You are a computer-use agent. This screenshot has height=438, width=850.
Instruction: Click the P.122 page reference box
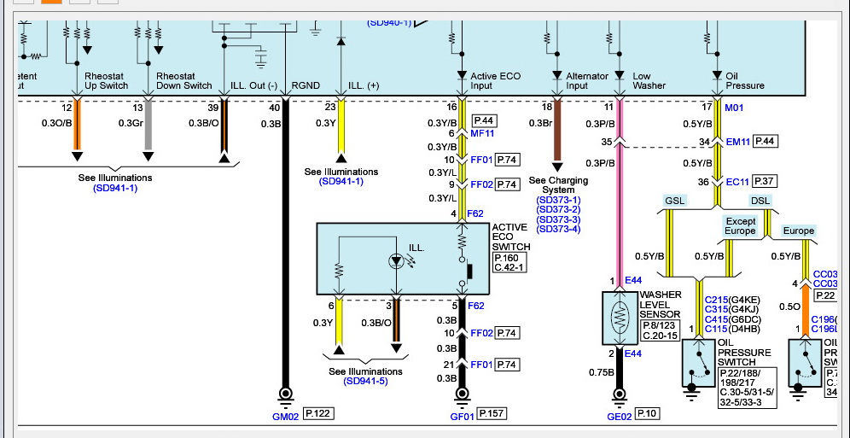[x=318, y=414]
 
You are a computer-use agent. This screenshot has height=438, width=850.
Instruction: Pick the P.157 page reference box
[x=492, y=414]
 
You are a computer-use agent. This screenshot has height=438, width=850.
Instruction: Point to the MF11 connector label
[x=482, y=133]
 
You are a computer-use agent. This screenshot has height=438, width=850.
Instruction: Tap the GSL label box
[x=674, y=201]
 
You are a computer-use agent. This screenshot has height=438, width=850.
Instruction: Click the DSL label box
[x=760, y=201]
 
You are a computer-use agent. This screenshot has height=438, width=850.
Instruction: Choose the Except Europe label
[x=741, y=226]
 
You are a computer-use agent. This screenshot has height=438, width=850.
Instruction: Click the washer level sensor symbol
[x=619, y=317]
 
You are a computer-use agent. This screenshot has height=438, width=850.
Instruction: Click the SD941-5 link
[x=365, y=381]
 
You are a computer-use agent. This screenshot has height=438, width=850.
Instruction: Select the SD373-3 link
[x=558, y=219]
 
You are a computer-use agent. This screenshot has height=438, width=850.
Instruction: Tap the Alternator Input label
[x=588, y=81]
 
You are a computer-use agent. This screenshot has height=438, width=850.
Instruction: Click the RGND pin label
[x=306, y=85]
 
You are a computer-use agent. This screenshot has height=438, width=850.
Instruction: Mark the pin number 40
[x=274, y=108]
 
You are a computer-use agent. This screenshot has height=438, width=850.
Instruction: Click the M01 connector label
[x=735, y=108]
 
